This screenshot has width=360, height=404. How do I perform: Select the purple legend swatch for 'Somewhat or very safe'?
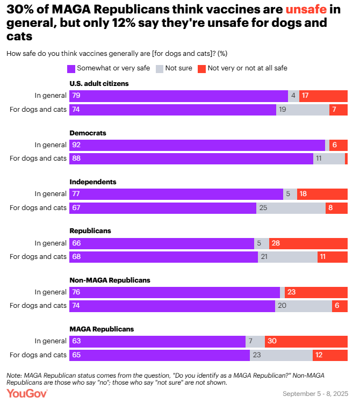71,68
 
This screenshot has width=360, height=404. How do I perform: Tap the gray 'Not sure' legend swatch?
159,68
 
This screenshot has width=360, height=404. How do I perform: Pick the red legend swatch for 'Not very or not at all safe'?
201,68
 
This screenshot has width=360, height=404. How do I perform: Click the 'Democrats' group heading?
88,133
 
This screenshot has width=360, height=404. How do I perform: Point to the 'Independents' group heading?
93,182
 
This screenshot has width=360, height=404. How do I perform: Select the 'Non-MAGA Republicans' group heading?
110,280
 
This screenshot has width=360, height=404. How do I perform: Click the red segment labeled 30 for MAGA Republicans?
306,341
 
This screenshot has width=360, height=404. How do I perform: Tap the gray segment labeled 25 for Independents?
291,208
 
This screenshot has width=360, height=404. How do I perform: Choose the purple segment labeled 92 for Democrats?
197,145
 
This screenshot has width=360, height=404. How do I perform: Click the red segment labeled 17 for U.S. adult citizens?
323,96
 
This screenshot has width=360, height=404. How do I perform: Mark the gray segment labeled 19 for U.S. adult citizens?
303,110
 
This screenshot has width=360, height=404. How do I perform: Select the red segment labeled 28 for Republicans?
308,243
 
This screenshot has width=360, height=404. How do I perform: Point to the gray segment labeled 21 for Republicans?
287,257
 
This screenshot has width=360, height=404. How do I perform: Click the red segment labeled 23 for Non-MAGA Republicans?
316,292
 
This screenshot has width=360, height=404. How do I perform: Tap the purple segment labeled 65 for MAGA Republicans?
160,355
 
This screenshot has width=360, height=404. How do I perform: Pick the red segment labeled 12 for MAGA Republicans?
330,355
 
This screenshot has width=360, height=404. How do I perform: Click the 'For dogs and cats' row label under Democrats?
38,158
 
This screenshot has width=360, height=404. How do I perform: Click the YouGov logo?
27,393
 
